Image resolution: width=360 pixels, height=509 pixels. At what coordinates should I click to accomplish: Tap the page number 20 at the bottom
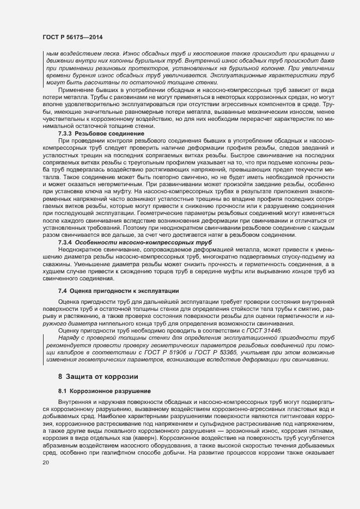pos(46,462)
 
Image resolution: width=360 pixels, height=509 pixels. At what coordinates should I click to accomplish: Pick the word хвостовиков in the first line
pos(203,54)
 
